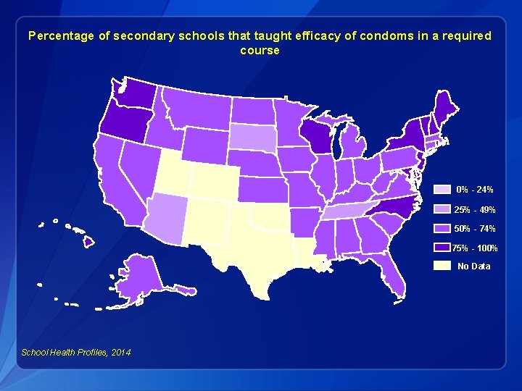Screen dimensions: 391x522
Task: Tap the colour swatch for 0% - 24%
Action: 442,190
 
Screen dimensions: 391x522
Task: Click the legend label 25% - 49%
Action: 475,210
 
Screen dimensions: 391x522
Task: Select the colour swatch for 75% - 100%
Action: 442,248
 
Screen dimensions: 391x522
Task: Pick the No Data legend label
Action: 473,266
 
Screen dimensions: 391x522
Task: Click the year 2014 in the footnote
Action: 120,353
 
